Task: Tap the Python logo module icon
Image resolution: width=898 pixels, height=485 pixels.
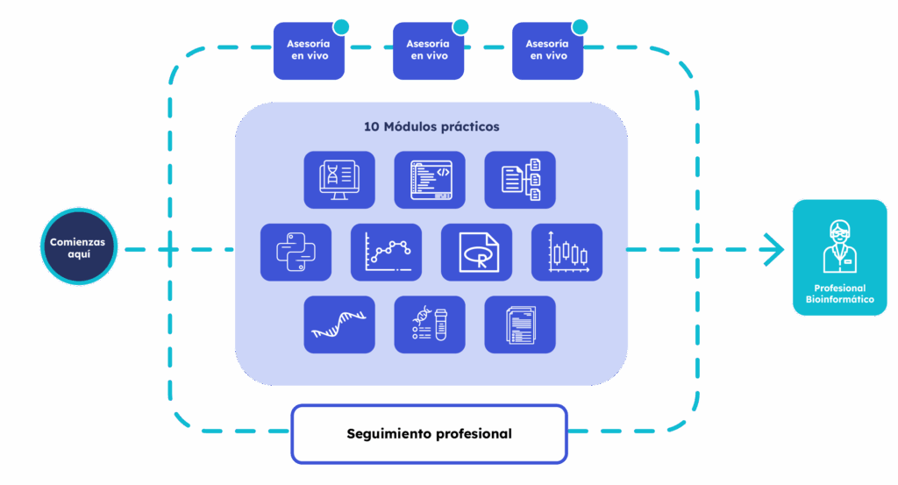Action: tap(296, 252)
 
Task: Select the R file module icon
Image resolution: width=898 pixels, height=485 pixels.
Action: tap(476, 252)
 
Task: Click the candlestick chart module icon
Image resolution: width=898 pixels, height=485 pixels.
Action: tap(567, 252)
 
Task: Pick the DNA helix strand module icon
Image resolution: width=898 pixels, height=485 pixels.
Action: tap(339, 325)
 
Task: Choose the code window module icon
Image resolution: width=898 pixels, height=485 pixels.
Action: tap(430, 179)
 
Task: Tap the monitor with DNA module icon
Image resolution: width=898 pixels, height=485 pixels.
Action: tap(339, 179)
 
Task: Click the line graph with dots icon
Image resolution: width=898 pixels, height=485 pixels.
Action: tap(386, 252)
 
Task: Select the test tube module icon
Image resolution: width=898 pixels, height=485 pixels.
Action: tap(430, 325)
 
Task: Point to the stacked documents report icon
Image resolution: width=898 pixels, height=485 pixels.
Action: tap(520, 325)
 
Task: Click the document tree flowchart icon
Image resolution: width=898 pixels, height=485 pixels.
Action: tap(520, 179)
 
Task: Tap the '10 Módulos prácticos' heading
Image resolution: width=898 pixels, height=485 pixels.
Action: tap(431, 126)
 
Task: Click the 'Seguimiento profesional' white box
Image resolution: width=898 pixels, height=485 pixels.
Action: tap(429, 433)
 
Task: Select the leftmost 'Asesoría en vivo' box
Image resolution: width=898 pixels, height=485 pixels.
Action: tap(309, 50)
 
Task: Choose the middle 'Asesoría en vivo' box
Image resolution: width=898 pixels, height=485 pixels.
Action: tap(428, 50)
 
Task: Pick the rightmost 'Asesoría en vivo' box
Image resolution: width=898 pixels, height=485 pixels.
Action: tap(547, 50)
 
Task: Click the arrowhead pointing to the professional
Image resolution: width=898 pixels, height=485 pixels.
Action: tap(776, 249)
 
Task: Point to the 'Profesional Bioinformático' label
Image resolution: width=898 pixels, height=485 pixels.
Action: tap(839, 294)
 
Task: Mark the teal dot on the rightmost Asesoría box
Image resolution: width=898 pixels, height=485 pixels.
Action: tap(580, 27)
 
